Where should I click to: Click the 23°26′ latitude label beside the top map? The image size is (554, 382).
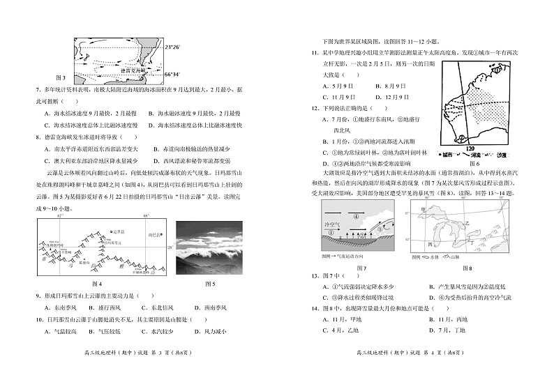point(172,47)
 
